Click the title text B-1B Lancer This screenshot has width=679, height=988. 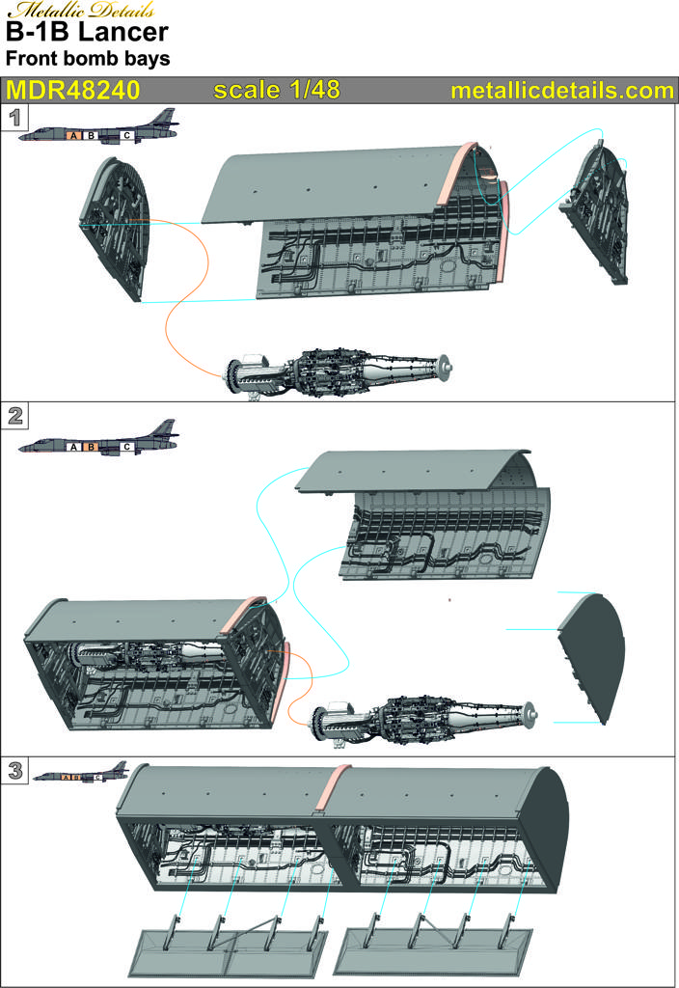click(x=87, y=32)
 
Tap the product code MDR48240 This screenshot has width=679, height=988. click(x=72, y=90)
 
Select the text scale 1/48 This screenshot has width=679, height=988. click(x=277, y=90)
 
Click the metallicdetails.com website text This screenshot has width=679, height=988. click(x=562, y=91)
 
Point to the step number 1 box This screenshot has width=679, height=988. click(x=14, y=118)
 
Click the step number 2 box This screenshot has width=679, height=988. click(x=14, y=416)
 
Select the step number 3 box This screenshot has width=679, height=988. click(x=14, y=770)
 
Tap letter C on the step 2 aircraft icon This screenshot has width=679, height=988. click(x=126, y=447)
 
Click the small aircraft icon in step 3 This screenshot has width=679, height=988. click(x=80, y=772)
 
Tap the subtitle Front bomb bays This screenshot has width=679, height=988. click(x=88, y=59)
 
